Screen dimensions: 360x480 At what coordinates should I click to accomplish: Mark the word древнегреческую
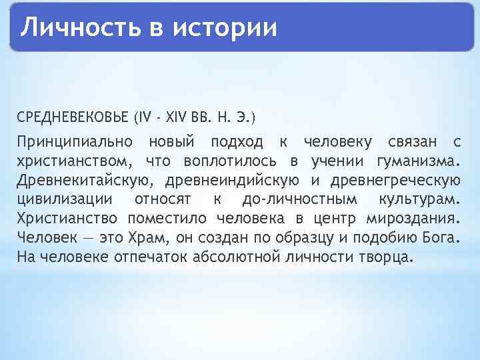pyautogui.click(x=395, y=181)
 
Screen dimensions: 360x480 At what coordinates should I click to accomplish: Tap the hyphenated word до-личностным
pyautogui.click(x=294, y=200)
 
